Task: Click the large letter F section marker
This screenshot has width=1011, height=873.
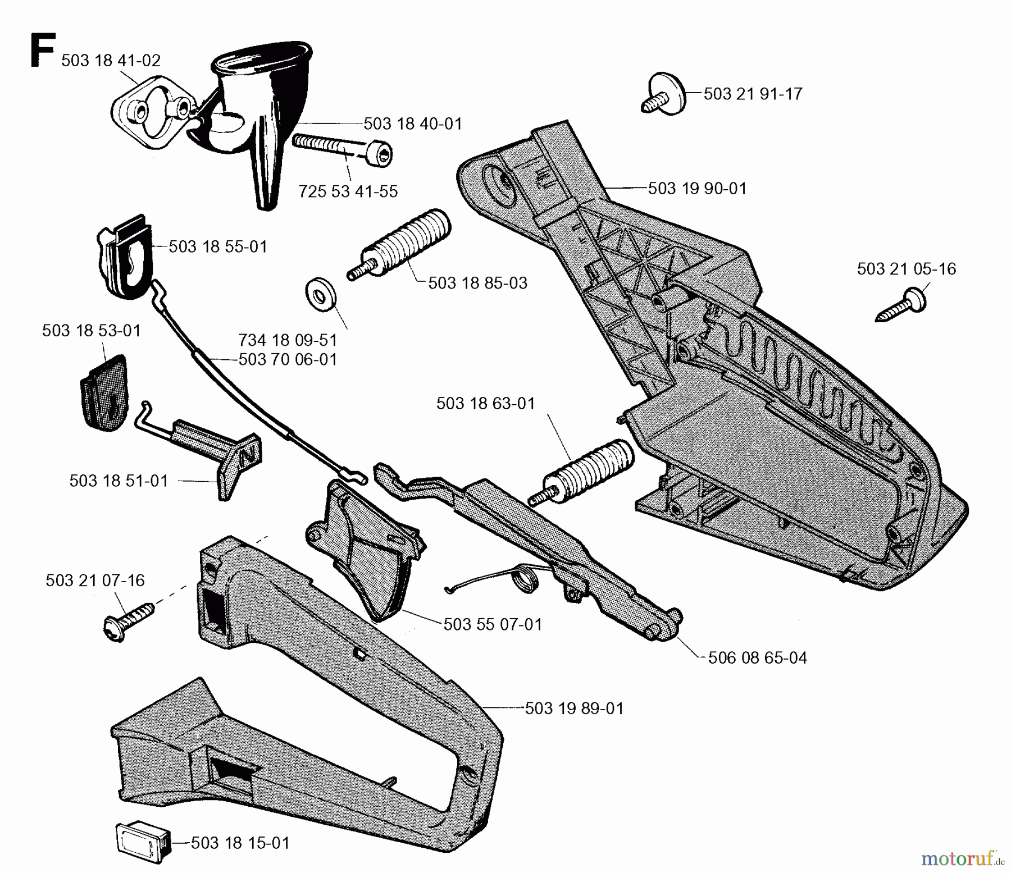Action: click(x=42, y=51)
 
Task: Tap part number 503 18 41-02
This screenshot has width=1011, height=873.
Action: click(x=111, y=61)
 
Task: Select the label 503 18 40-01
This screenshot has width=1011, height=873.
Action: click(x=413, y=124)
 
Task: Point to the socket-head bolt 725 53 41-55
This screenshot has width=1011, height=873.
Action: click(x=343, y=149)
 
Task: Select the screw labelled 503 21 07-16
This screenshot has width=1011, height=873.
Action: click(x=128, y=621)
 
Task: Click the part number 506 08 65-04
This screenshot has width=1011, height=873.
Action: click(x=757, y=658)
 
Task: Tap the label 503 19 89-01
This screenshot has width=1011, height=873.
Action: click(x=574, y=709)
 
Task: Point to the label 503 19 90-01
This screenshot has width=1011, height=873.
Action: click(x=697, y=189)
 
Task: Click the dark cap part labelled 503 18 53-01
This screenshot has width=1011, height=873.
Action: click(x=104, y=393)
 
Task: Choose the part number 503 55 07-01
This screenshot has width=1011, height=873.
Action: click(x=493, y=624)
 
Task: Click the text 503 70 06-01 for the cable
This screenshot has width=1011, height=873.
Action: click(x=288, y=359)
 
